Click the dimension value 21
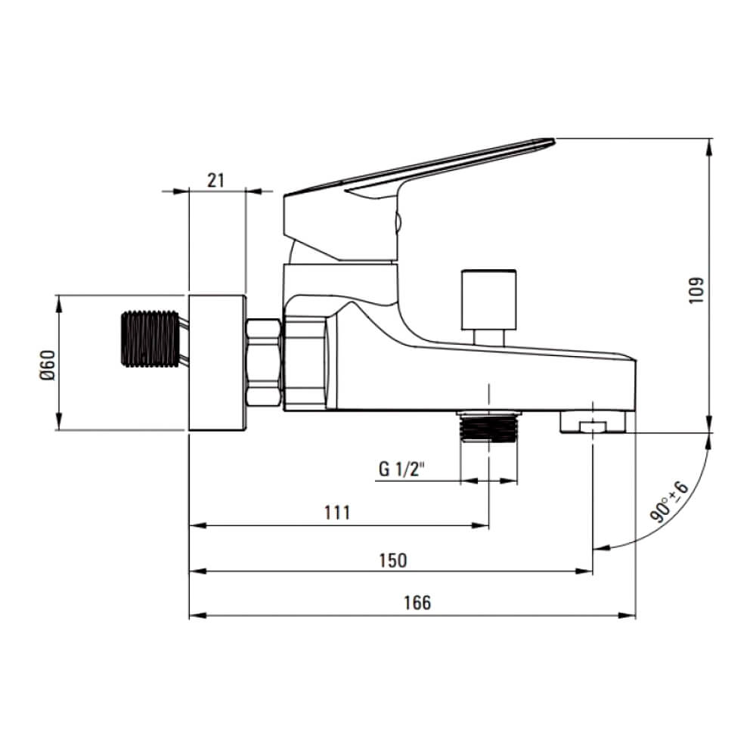click(x=216, y=181)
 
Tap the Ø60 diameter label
click(x=48, y=365)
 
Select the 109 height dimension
click(x=696, y=290)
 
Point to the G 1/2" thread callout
click(x=401, y=469)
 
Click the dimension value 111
click(x=337, y=513)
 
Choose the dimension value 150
click(x=393, y=560)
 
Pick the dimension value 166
click(x=417, y=603)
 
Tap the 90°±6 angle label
click(x=670, y=501)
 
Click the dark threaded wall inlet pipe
click(x=150, y=339)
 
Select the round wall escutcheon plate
click(x=217, y=362)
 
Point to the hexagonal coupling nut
click(x=264, y=363)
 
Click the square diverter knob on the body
click(x=489, y=300)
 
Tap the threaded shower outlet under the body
click(x=489, y=426)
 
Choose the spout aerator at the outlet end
click(x=593, y=421)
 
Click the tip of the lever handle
click(x=553, y=141)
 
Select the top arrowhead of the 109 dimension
click(x=709, y=147)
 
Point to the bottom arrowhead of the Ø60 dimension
click(x=59, y=421)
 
